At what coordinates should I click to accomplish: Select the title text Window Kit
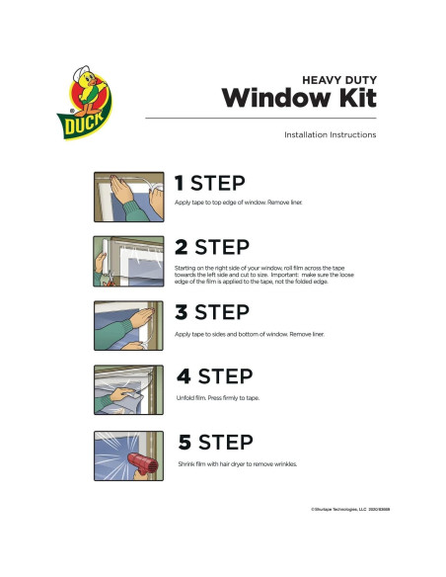pyautogui.click(x=298, y=98)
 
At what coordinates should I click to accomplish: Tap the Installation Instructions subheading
pyautogui.click(x=329, y=134)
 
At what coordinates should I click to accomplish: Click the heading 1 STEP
pyautogui.click(x=209, y=183)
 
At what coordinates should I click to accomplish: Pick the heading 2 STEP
pyautogui.click(x=212, y=247)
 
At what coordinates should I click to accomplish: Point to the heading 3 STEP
pyautogui.click(x=211, y=312)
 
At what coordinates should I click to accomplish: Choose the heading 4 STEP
pyautogui.click(x=213, y=376)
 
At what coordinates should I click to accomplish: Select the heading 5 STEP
pyautogui.click(x=213, y=442)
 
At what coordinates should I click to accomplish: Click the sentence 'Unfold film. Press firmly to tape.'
pyautogui.click(x=216, y=398)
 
